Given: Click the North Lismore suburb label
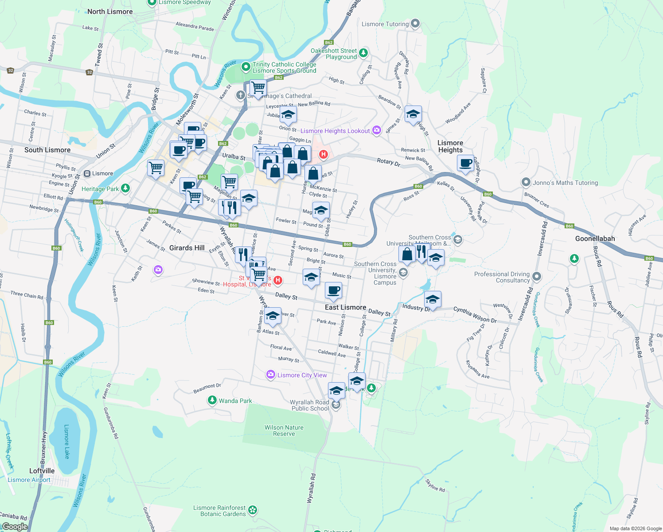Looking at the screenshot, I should (110, 12).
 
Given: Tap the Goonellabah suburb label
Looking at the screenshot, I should (595, 239).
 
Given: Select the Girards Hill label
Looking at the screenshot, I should (187, 248).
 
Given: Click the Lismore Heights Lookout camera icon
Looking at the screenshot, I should (377, 130).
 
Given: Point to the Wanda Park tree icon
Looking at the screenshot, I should (212, 401).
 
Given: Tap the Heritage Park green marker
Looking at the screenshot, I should (125, 189).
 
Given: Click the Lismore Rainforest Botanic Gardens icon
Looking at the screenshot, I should (253, 510).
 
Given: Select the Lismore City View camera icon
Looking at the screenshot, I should (270, 375).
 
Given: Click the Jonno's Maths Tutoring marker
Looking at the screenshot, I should (526, 182).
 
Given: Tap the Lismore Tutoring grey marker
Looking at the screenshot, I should (415, 23).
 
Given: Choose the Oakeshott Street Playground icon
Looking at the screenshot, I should (363, 53).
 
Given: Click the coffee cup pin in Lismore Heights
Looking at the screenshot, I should (465, 163).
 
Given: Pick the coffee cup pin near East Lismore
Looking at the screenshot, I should (333, 291).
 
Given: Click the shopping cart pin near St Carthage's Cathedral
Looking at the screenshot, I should (257, 87).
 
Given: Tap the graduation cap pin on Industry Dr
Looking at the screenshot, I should (433, 299).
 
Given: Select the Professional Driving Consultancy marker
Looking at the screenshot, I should (537, 277).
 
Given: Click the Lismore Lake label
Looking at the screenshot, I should (66, 441).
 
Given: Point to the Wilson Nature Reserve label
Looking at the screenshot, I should (284, 430).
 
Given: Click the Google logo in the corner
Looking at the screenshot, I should (15, 527).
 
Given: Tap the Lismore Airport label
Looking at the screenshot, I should (29, 480).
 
